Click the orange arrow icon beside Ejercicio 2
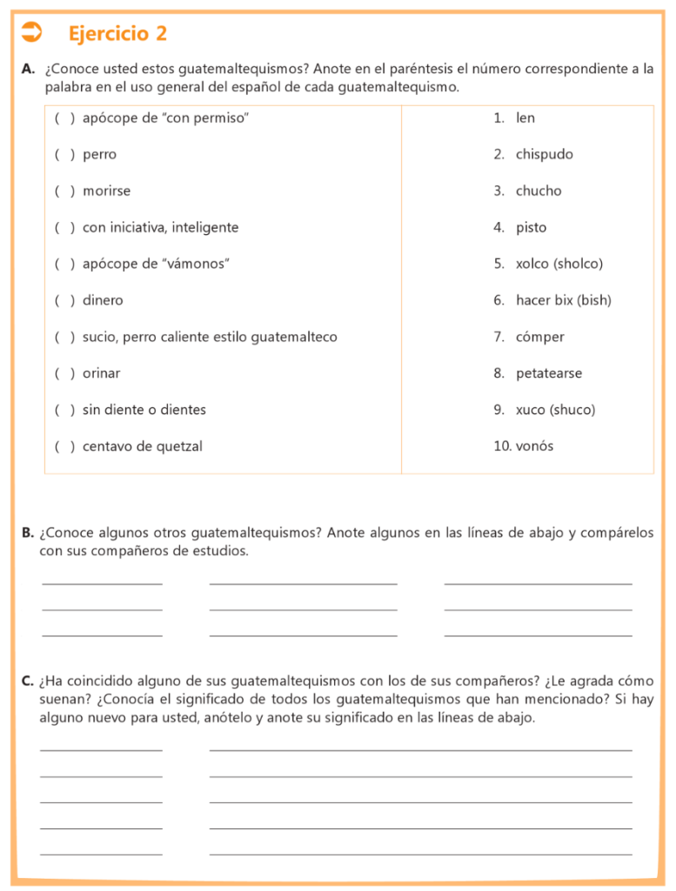pyautogui.click(x=31, y=33)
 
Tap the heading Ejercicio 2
pyautogui.click(x=117, y=34)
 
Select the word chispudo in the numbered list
pyautogui.click(x=544, y=154)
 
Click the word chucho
pyautogui.click(x=539, y=191)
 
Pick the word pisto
pyautogui.click(x=531, y=227)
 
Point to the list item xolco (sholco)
pyautogui.click(x=559, y=264)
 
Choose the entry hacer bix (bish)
pyautogui.click(x=563, y=300)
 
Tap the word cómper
pyautogui.click(x=539, y=337)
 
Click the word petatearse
pyautogui.click(x=548, y=373)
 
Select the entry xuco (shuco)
pyautogui.click(x=555, y=410)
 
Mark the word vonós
pyautogui.click(x=534, y=446)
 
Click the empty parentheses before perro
pyautogui.click(x=64, y=154)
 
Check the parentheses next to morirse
pyautogui.click(x=64, y=191)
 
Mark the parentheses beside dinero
pyautogui.click(x=64, y=300)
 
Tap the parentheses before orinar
pyautogui.click(x=64, y=373)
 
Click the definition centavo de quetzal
pyautogui.click(x=142, y=446)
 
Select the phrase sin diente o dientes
pyautogui.click(x=144, y=410)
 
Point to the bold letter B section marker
pyautogui.click(x=28, y=533)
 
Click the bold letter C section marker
pyautogui.click(x=28, y=680)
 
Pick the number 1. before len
pyautogui.click(x=499, y=117)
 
